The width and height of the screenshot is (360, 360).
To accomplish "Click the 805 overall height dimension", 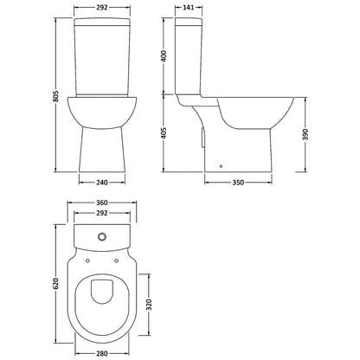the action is coord(56,96).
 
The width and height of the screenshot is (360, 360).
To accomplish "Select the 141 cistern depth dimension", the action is coord(189,7).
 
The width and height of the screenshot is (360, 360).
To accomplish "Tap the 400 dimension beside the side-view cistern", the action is coord(164,56).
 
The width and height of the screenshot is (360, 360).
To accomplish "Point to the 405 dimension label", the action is coord(164,132).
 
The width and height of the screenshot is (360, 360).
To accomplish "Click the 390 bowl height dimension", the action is coord(305,134).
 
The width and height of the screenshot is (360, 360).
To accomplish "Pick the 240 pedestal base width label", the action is coord(102,183).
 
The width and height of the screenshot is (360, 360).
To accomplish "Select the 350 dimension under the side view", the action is coord(238,183).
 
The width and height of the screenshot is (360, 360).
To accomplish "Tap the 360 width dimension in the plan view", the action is coord(102,202).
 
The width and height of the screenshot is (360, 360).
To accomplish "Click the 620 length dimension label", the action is coord(56,283).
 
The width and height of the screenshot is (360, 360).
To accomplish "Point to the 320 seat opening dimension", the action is coord(149,305).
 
